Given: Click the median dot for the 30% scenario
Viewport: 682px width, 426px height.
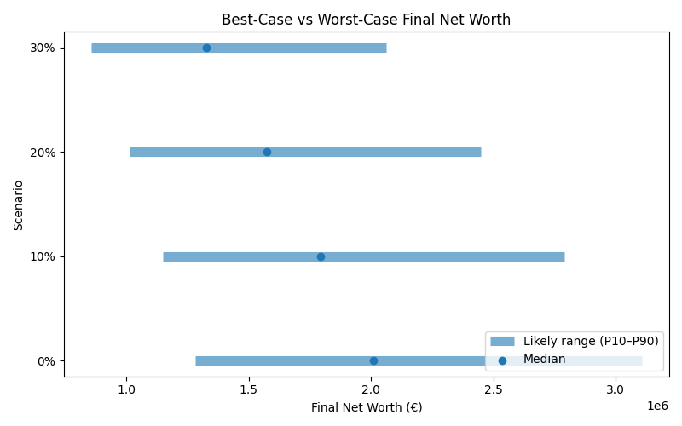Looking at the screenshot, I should [206, 48].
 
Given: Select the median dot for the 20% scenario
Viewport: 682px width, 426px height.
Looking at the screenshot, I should [267, 152].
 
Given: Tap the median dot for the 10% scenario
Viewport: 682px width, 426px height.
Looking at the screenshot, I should [321, 256].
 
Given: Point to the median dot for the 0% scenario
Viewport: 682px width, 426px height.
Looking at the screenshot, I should [373, 360].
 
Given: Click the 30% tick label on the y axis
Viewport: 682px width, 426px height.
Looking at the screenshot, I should [43, 48].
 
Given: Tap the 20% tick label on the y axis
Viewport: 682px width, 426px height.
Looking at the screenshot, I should [43, 152].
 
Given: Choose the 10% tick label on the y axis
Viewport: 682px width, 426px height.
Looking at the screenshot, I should [43, 256].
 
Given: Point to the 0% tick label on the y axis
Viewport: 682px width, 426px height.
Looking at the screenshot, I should [46, 360].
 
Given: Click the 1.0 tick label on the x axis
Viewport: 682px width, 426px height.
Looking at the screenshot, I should [126, 389].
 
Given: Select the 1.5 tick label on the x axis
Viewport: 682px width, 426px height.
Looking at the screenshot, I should [249, 389].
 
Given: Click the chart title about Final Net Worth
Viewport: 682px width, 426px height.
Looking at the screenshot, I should [366, 20].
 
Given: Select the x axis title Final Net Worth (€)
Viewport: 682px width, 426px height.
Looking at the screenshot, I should [367, 407].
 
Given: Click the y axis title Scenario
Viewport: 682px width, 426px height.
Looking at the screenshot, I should [19, 204].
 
